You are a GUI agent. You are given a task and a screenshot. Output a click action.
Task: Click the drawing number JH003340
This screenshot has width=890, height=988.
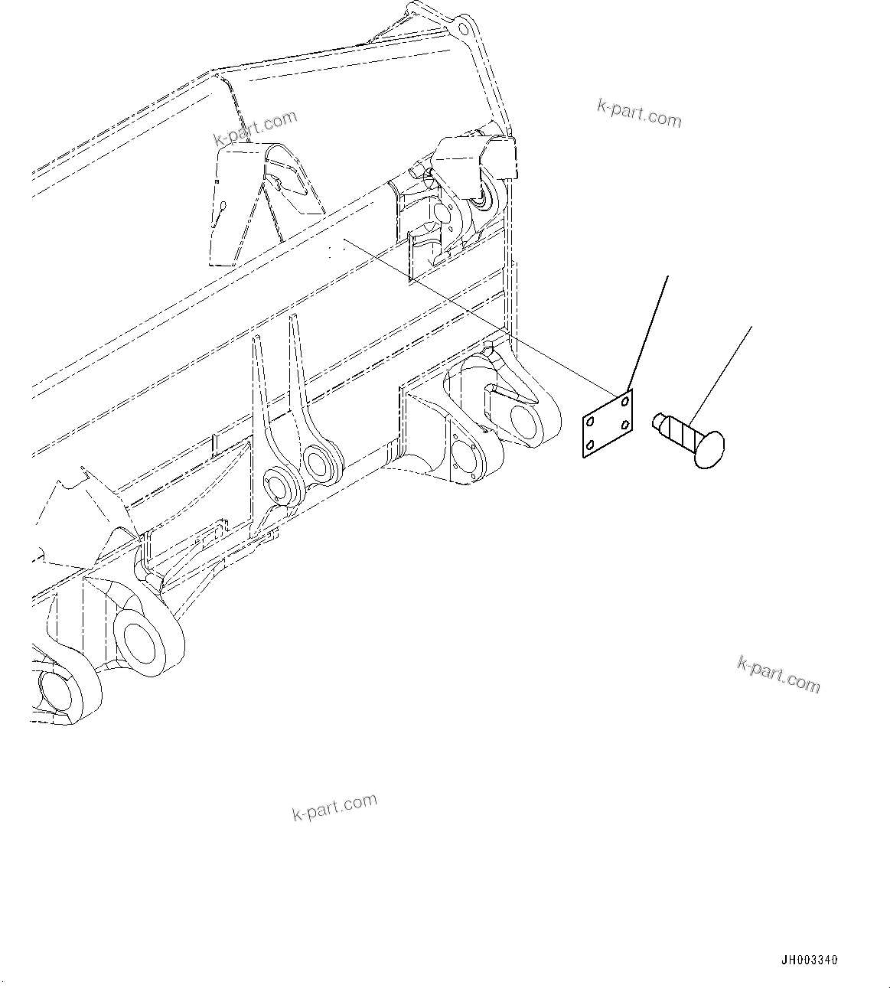pyautogui.click(x=809, y=960)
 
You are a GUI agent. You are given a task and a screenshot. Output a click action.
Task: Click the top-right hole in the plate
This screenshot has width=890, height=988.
pyautogui.click(x=626, y=399)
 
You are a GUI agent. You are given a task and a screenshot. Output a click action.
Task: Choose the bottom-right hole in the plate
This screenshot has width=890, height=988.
pyautogui.click(x=626, y=425)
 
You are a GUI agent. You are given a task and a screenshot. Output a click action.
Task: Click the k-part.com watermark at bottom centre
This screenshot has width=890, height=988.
pyautogui.click(x=334, y=807)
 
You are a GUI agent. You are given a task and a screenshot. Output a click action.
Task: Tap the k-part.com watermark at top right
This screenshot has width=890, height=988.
pyautogui.click(x=638, y=114)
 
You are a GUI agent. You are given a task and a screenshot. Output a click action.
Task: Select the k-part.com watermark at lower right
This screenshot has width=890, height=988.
pyautogui.click(x=778, y=673)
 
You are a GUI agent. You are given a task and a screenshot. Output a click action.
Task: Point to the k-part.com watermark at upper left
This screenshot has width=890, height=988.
pyautogui.click(x=254, y=129)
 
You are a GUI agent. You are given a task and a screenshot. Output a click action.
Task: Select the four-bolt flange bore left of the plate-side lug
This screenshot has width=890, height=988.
pyautogui.click(x=464, y=458)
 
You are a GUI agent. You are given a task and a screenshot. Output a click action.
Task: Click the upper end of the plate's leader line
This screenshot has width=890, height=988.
pyautogui.click(x=668, y=277)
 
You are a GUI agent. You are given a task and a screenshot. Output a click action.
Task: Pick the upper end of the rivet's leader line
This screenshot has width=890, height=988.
pyautogui.click(x=751, y=328)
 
